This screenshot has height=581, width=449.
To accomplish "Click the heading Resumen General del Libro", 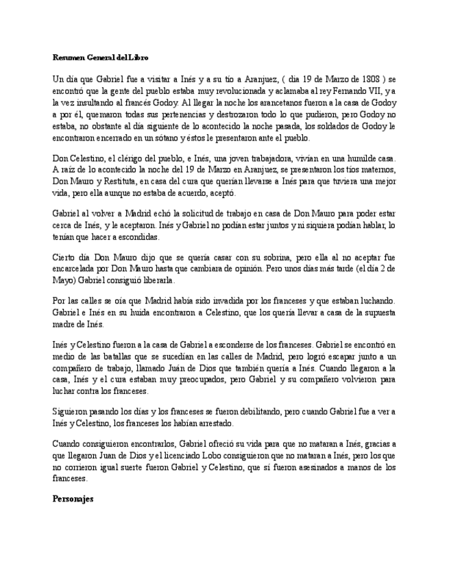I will (100, 57).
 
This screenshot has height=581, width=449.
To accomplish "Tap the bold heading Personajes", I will (73, 499).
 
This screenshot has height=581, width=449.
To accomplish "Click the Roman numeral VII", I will (374, 91).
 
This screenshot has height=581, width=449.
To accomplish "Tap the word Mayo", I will (64, 280).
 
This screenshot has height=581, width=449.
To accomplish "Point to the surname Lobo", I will (215, 456).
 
